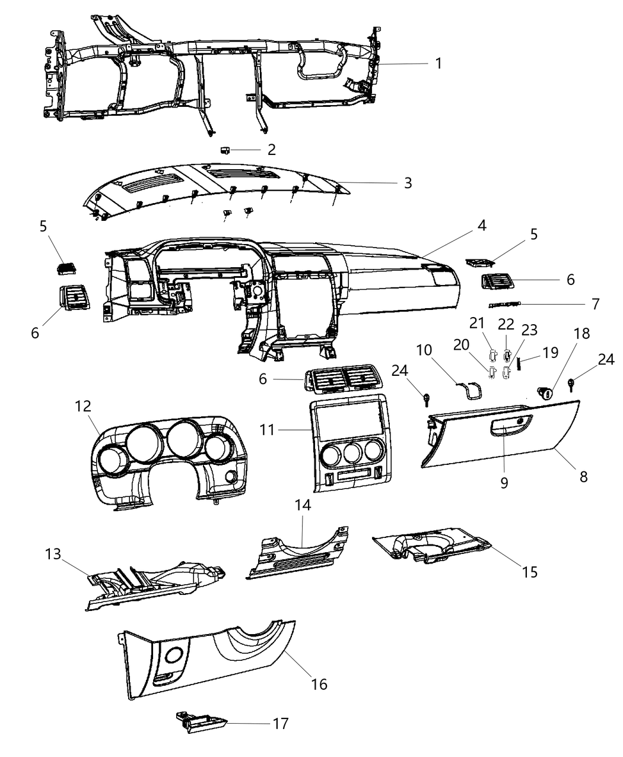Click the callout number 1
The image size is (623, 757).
tap(438, 63)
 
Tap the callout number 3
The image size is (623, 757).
tap(408, 183)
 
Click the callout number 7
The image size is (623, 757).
tap(595, 304)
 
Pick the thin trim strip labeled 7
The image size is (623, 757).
tap(504, 305)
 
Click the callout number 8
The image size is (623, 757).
tap(583, 476)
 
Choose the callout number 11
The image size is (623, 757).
tap(268, 429)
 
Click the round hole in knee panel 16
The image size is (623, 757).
tap(174, 655)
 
